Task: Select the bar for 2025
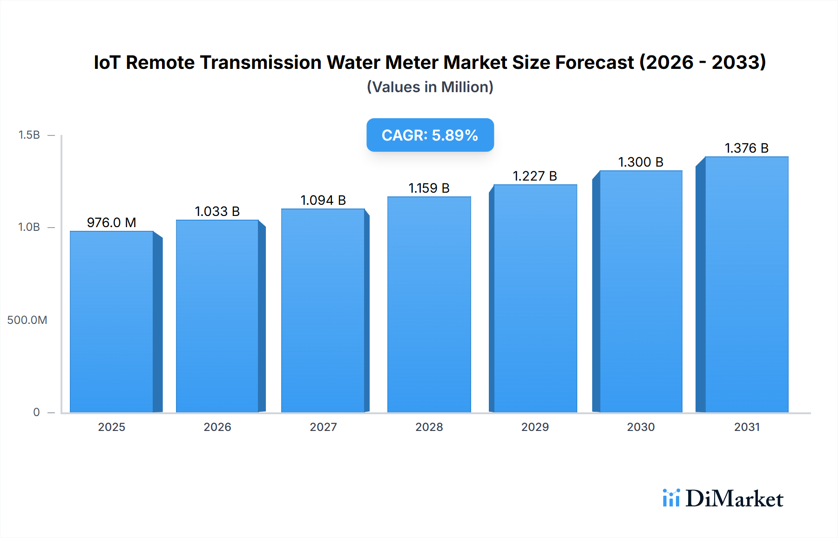pos(112,322)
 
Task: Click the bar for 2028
pos(429,304)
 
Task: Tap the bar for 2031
pos(746,284)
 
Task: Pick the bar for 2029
pos(535,298)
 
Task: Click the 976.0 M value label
pos(112,222)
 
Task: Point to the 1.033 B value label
pos(217,211)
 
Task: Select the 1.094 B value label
pos(323,200)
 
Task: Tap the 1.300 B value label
pos(641,162)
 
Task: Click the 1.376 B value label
pos(746,148)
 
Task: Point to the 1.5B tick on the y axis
pos(29,135)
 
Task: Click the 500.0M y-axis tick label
pos(27,320)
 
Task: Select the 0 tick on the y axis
pos(36,412)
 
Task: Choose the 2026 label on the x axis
pos(217,427)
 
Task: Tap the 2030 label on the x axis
pos(641,427)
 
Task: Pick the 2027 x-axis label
pos(323,427)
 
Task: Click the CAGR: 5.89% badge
pos(430,135)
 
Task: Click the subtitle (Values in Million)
pos(430,87)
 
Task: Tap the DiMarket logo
pos(723,498)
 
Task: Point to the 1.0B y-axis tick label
pos(29,227)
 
